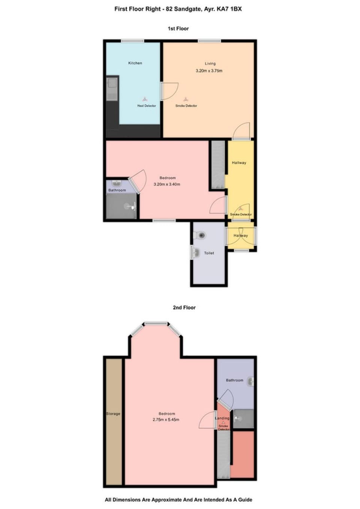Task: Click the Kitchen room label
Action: (135, 63)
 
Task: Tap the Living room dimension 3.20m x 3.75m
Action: (209, 71)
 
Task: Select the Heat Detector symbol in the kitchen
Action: (145, 99)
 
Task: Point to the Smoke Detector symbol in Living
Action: (185, 99)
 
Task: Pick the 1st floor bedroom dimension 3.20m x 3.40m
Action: (167, 184)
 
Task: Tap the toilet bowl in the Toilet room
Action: (201, 236)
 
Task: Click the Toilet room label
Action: (209, 253)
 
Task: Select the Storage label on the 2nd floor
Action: (113, 414)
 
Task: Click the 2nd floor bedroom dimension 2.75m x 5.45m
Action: (166, 420)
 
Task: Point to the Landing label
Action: (222, 418)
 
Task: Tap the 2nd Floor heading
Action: (184, 307)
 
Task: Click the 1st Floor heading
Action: (178, 29)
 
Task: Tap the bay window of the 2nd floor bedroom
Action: (156, 323)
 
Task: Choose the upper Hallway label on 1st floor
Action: (239, 162)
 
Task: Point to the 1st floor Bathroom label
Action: (117, 190)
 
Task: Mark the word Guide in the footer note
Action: (244, 500)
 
